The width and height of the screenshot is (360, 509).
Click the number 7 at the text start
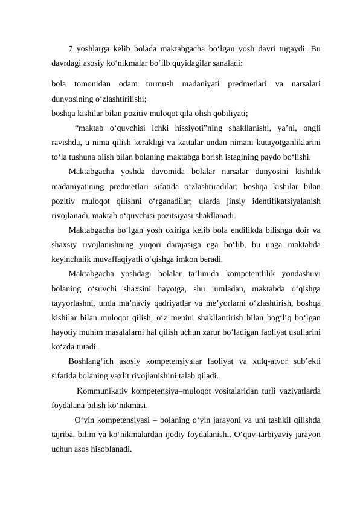71,50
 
